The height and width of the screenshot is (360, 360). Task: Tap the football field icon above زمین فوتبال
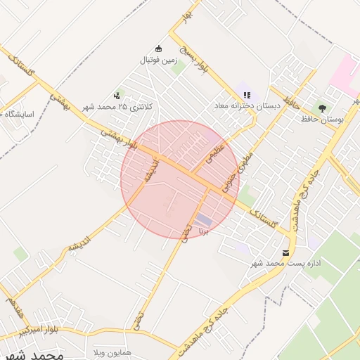(x=159, y=49)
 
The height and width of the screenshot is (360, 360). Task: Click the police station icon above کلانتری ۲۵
(x=117, y=95)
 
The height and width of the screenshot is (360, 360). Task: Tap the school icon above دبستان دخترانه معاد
(x=247, y=94)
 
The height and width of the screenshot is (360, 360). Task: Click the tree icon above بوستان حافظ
(x=322, y=108)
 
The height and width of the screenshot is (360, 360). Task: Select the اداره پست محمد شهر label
(x=286, y=264)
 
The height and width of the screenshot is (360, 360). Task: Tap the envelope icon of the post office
(x=285, y=252)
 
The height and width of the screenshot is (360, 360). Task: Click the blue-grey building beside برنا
(x=203, y=219)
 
